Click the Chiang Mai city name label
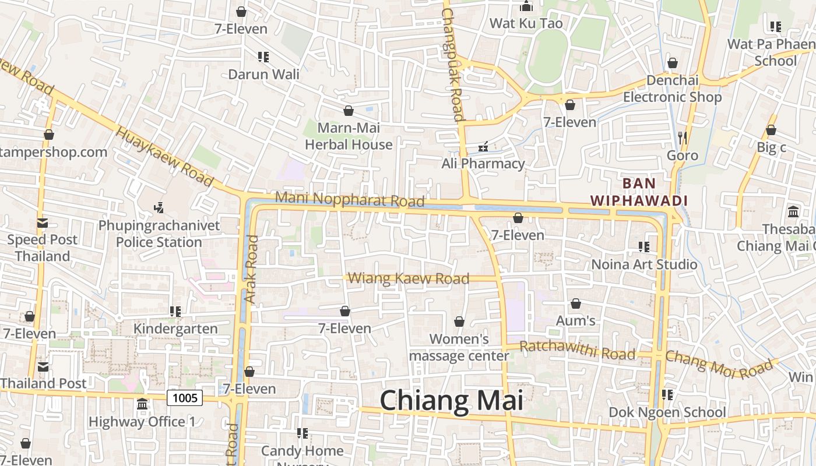[452, 401]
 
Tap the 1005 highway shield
[185, 398]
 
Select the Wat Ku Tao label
[526, 23]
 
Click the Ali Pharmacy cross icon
[483, 147]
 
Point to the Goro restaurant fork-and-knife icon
[683, 138]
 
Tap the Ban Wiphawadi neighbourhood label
[639, 192]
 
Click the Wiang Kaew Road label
[409, 278]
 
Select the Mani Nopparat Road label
[350, 199]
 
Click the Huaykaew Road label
[165, 157]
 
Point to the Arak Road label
[251, 269]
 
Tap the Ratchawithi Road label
[577, 351]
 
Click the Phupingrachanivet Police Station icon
[158, 207]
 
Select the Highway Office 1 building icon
[142, 404]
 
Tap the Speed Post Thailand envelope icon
[42, 223]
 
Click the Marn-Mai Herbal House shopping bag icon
[349, 111]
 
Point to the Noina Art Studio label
[644, 264]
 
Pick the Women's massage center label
[459, 347]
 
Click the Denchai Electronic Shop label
[672, 89]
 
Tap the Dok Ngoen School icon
[667, 395]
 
